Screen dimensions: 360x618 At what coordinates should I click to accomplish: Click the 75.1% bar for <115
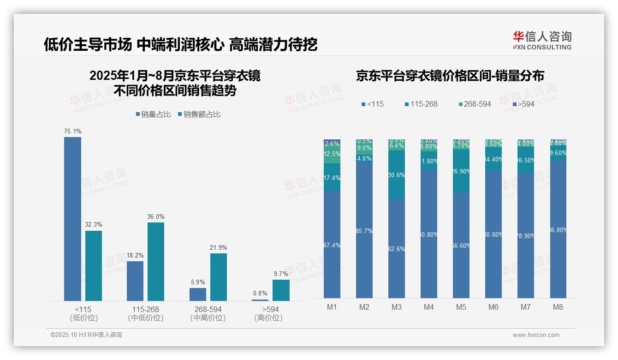[x=72, y=219]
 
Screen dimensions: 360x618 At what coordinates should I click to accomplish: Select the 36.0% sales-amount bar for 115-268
[x=156, y=262]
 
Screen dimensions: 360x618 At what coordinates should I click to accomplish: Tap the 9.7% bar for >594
[x=281, y=290]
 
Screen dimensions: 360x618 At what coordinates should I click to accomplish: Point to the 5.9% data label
[x=197, y=282]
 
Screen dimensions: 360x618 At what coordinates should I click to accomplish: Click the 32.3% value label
[x=93, y=225]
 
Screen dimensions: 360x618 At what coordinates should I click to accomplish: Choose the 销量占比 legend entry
[x=154, y=114]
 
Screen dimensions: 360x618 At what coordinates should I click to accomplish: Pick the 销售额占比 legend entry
[x=199, y=114]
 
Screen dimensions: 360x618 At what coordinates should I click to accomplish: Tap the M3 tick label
[x=397, y=307]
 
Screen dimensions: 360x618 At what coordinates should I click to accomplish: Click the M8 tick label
[x=558, y=307]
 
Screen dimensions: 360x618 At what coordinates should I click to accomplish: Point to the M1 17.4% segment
[x=332, y=178]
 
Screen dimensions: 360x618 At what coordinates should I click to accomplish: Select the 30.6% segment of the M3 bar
[x=397, y=175]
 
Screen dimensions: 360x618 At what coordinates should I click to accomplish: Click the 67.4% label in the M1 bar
[x=332, y=245]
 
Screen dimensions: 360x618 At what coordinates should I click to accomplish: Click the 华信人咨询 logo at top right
[x=542, y=40]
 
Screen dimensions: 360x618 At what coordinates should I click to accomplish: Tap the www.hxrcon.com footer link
[x=536, y=335]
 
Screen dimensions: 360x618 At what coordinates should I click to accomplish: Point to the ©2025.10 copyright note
[x=86, y=335]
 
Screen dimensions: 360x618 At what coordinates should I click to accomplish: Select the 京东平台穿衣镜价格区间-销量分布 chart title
[x=450, y=76]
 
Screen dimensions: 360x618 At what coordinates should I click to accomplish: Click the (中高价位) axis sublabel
[x=208, y=318]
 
